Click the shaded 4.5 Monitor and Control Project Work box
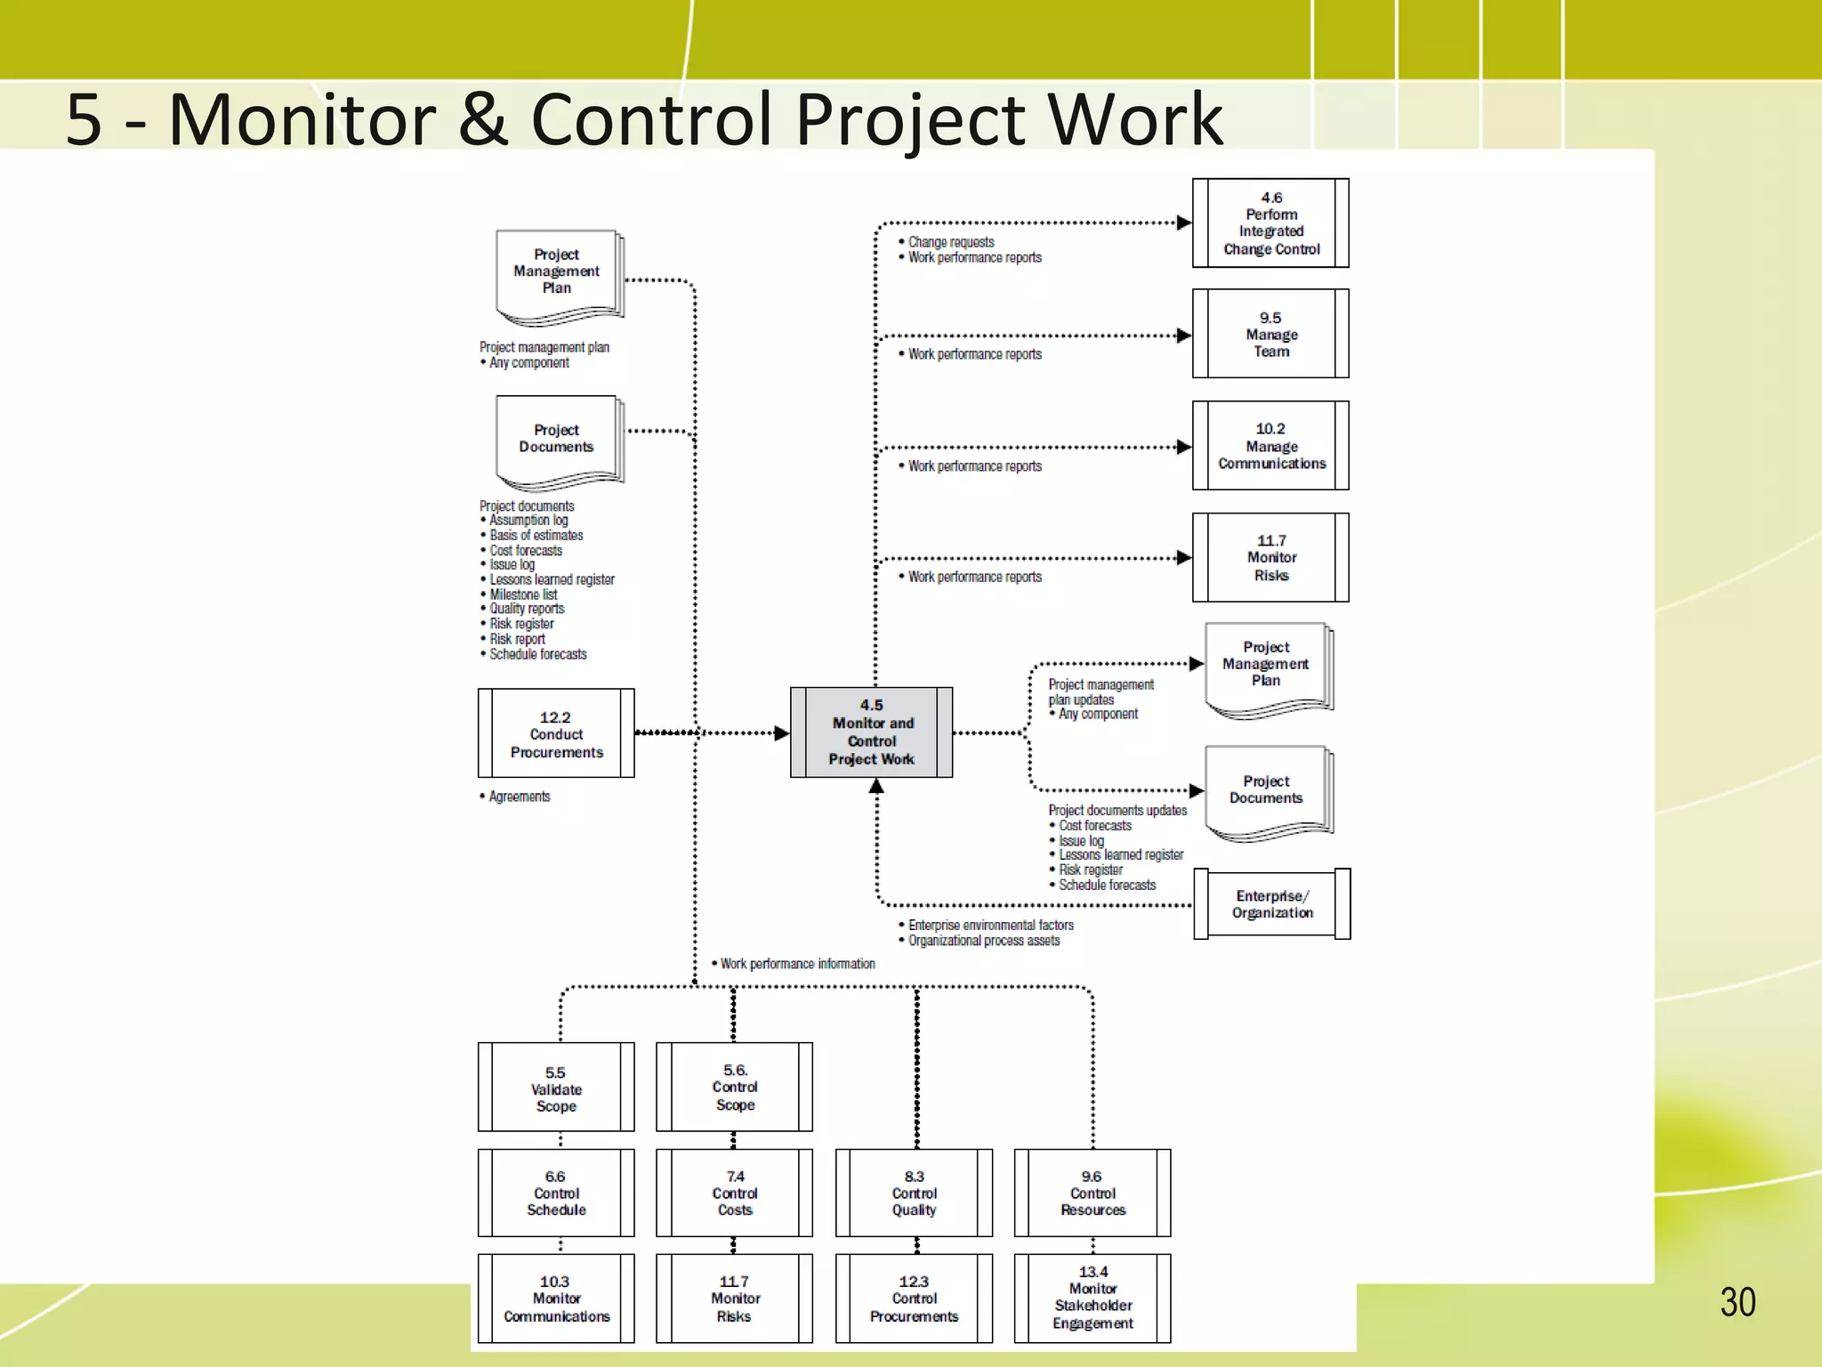pos(871,732)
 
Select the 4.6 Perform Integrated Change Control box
pos(1270,223)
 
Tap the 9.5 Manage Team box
pos(1270,334)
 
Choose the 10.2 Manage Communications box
pos(1270,446)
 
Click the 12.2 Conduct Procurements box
pos(556,733)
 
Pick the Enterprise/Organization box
pos(1272,904)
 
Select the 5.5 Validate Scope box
pos(556,1088)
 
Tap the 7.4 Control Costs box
pos(735,1193)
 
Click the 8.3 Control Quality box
pos(914,1193)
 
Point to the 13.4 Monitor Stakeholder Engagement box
pos(1092,1298)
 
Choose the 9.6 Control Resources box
pos(1092,1193)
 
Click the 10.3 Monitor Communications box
pos(556,1298)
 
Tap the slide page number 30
pos(1737,1302)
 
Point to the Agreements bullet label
pos(520,797)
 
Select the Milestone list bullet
pos(523,595)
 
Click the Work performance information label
pos(797,964)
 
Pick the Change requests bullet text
pos(951,242)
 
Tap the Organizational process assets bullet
pos(984,941)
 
